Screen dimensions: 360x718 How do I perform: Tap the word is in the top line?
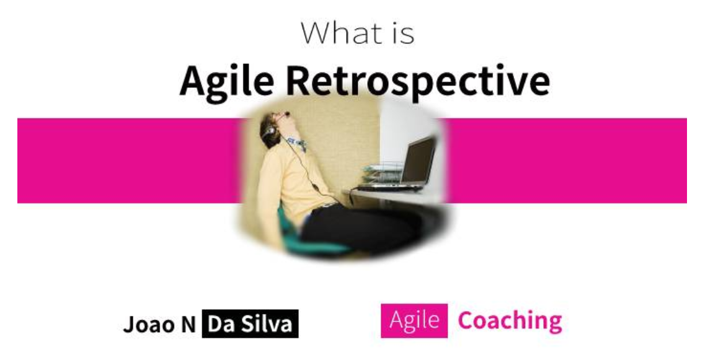[x=401, y=33]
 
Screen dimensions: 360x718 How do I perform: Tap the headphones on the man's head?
[x=268, y=132]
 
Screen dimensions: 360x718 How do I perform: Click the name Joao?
[x=149, y=324]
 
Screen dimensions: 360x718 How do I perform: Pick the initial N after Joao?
[x=188, y=324]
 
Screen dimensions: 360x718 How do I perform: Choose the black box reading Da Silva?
[x=249, y=324]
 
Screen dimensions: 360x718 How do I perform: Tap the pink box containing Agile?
[x=414, y=321]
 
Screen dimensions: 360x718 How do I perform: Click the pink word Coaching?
[x=510, y=321]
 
